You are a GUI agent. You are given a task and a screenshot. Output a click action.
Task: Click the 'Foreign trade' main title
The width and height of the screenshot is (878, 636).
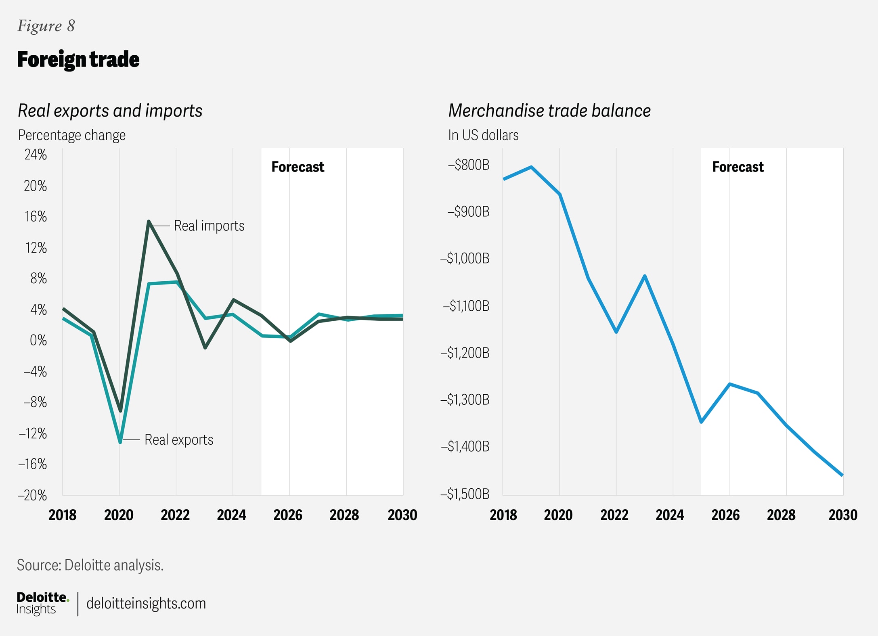click(x=78, y=60)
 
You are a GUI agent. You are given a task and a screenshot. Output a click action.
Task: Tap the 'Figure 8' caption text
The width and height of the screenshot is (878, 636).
click(x=46, y=26)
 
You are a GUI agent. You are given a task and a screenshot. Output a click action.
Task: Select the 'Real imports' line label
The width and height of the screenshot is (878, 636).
click(x=209, y=226)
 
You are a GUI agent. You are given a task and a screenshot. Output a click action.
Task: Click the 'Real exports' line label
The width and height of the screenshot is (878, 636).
click(x=178, y=439)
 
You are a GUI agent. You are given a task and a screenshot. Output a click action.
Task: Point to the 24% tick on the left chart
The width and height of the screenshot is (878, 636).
click(x=36, y=155)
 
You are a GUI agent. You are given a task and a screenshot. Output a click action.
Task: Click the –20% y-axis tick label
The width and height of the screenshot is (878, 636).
click(x=32, y=495)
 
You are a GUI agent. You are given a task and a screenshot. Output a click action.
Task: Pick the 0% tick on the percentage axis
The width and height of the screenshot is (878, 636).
click(x=38, y=341)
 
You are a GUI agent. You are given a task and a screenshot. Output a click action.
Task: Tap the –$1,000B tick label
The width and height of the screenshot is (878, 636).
click(x=465, y=258)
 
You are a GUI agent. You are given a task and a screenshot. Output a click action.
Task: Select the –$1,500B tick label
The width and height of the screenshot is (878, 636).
click(x=465, y=494)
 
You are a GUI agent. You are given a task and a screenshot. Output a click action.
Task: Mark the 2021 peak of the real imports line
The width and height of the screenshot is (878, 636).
click(x=149, y=222)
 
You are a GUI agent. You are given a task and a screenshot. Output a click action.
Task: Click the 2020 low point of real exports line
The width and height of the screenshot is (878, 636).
click(x=120, y=442)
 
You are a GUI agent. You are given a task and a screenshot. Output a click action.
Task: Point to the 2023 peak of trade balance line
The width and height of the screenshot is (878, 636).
click(x=645, y=276)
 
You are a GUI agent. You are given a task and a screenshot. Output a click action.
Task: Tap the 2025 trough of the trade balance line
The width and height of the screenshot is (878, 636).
click(x=701, y=422)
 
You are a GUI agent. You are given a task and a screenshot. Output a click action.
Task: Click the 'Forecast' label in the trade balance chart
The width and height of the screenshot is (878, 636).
click(x=738, y=167)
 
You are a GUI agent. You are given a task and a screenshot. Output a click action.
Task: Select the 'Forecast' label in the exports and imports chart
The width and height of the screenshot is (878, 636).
click(x=298, y=167)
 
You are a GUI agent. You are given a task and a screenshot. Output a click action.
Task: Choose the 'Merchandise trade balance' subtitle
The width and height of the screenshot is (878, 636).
click(x=549, y=111)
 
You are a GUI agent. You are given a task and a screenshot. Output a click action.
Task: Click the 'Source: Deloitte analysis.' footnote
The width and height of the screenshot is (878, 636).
click(x=90, y=565)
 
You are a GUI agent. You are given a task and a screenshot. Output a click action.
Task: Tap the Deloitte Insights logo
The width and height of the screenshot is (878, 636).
click(x=42, y=603)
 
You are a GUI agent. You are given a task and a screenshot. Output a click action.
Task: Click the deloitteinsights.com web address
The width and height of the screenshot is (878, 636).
click(x=146, y=603)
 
